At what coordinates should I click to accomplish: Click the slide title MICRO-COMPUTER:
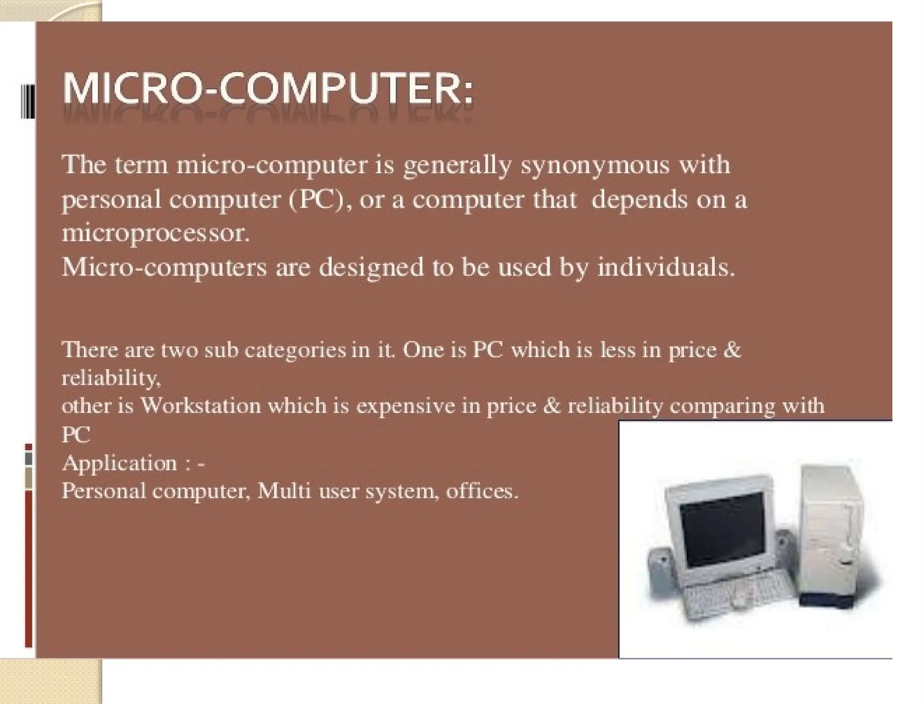point(268,89)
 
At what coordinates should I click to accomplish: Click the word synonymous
point(595,165)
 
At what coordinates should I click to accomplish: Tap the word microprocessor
point(155,234)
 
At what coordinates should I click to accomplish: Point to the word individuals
point(666,267)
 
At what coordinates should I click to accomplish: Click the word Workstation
point(201,406)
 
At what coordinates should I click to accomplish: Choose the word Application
point(119,463)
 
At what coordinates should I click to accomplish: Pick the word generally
point(457,165)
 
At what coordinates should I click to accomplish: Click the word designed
point(372,267)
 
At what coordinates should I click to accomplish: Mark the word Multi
point(284,491)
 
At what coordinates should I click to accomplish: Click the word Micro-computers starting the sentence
point(164,267)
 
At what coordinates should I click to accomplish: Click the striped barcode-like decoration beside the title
point(28,101)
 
